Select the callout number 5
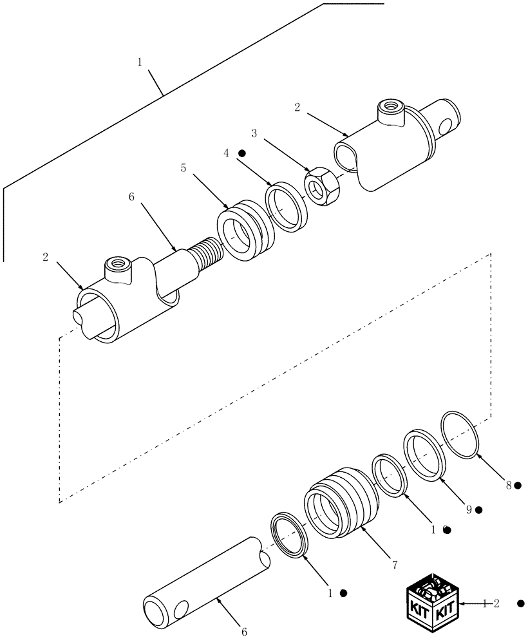click(183, 168)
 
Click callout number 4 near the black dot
click(226, 154)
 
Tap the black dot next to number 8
click(518, 485)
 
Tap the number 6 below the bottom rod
click(244, 633)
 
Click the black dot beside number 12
click(521, 603)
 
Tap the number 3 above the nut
click(254, 133)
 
